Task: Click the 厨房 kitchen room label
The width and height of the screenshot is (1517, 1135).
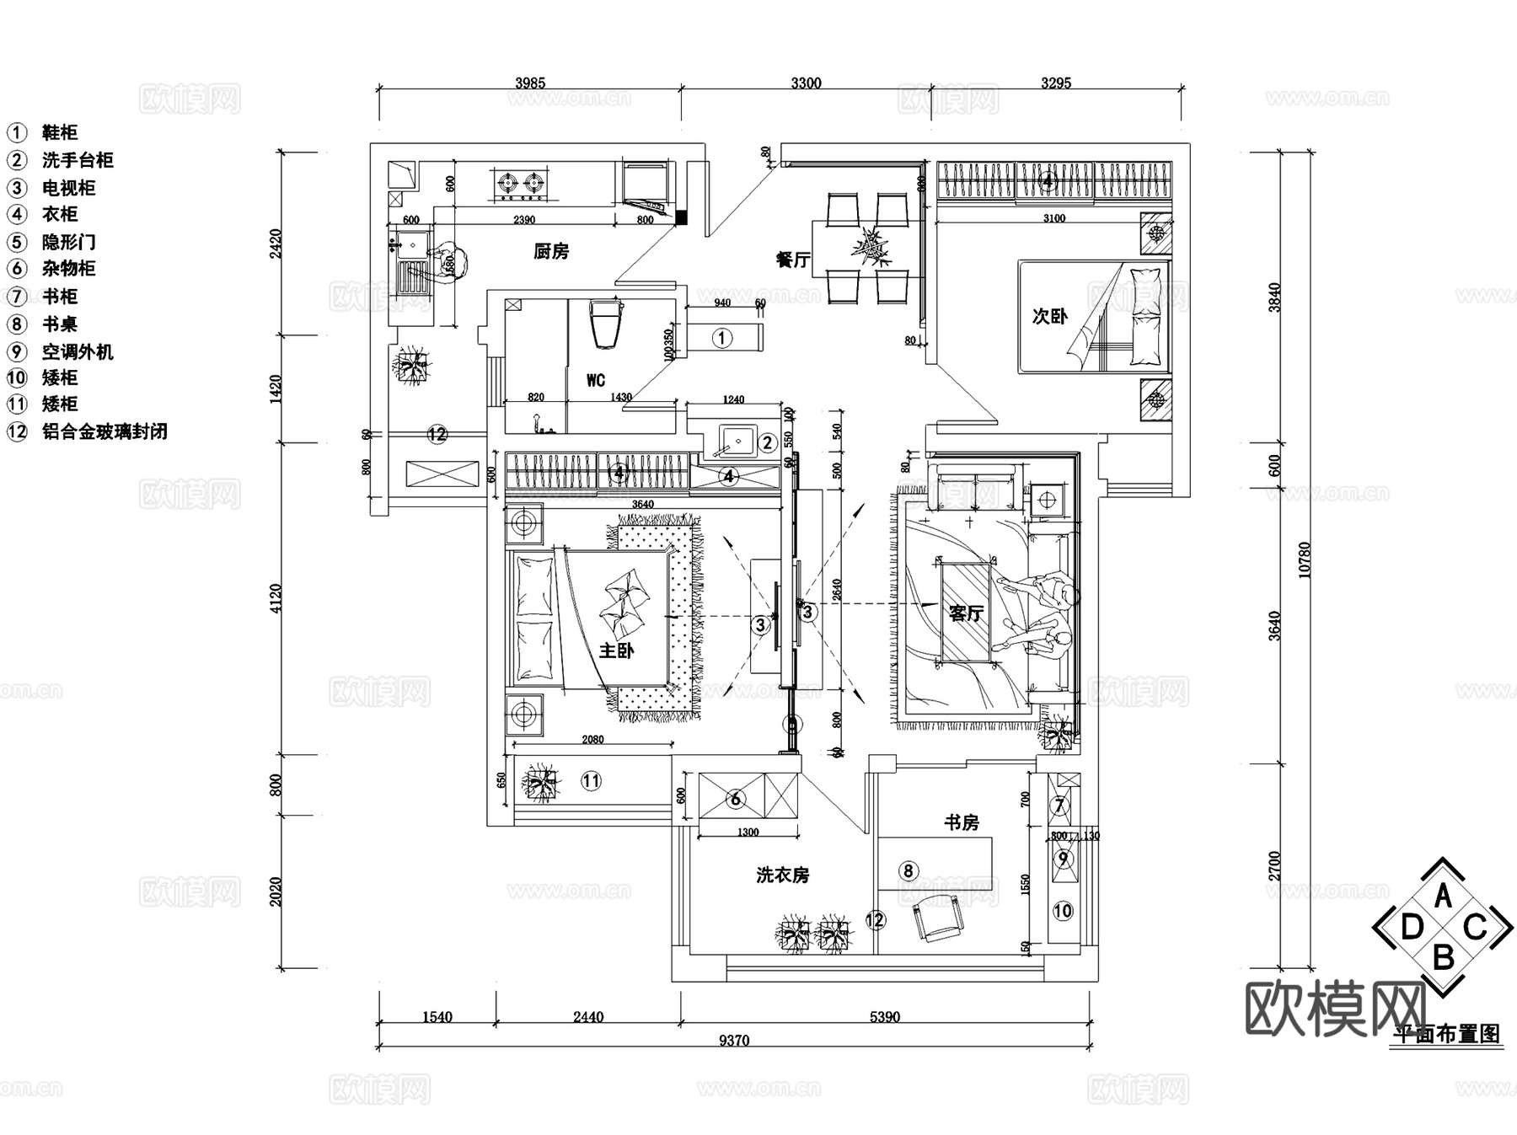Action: point(551,251)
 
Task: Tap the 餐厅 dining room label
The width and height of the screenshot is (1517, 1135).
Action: point(792,260)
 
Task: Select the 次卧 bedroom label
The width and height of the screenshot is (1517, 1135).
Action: point(1049,316)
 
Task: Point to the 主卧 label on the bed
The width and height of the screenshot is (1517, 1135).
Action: point(616,650)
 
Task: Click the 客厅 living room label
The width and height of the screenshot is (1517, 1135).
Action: point(965,613)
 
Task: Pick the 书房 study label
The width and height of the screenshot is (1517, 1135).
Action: point(961,822)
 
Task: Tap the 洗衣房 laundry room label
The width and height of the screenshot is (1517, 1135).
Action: point(782,875)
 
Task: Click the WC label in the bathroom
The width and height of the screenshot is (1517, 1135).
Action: point(596,381)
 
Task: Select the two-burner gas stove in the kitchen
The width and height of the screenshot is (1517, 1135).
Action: point(519,183)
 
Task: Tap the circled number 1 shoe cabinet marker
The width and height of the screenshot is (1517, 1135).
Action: point(721,338)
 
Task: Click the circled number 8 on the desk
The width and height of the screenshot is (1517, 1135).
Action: point(908,870)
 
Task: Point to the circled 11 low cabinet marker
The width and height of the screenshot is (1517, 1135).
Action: point(591,781)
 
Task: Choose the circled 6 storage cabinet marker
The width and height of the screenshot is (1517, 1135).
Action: point(735,798)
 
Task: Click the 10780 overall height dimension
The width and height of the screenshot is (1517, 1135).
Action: point(1305,559)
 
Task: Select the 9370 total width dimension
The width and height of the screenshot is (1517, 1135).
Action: point(733,1041)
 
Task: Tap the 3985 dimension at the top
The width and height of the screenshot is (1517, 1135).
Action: point(529,83)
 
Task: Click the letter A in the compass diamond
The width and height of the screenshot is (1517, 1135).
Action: point(1443,895)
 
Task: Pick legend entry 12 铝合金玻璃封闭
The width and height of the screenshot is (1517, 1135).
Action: point(88,431)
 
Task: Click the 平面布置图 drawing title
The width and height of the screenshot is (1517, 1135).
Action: point(1447,1034)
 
